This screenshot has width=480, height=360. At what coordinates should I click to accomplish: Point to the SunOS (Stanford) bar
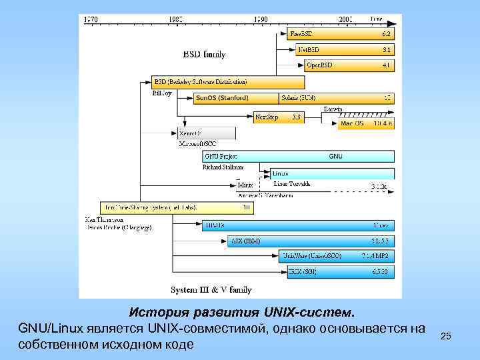click(x=237, y=98)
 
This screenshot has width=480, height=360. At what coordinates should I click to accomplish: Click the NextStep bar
click(x=279, y=117)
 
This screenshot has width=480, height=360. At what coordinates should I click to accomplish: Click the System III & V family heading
click(x=211, y=290)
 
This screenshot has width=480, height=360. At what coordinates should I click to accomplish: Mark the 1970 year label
click(x=89, y=19)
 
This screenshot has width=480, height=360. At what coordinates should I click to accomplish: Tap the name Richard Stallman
click(x=223, y=167)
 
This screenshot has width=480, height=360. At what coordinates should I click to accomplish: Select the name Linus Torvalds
click(x=292, y=183)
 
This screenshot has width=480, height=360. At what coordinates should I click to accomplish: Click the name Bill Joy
click(x=162, y=93)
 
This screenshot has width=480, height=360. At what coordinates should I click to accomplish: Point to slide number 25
click(x=446, y=337)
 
